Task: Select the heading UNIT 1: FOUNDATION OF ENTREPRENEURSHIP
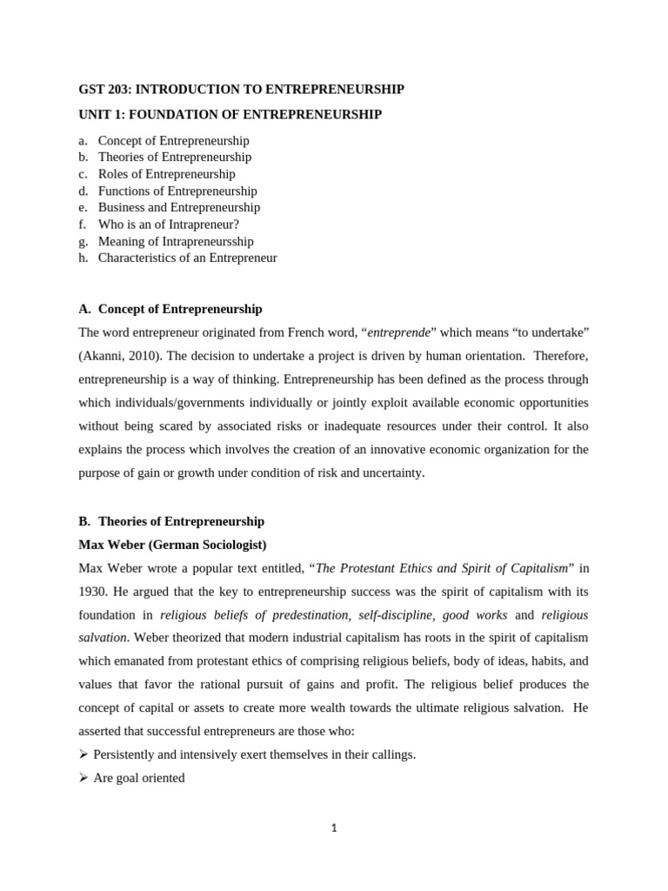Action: click(230, 115)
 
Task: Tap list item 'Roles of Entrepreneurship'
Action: click(166, 174)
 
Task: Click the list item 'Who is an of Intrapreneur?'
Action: click(168, 224)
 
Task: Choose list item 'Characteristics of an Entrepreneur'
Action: click(187, 258)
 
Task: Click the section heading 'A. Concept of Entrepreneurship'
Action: click(170, 309)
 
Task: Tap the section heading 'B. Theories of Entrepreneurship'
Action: click(171, 521)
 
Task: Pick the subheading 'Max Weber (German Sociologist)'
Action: click(172, 545)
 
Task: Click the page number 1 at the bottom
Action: click(333, 828)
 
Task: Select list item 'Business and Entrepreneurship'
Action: click(178, 207)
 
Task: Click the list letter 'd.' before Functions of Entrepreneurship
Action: click(83, 191)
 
